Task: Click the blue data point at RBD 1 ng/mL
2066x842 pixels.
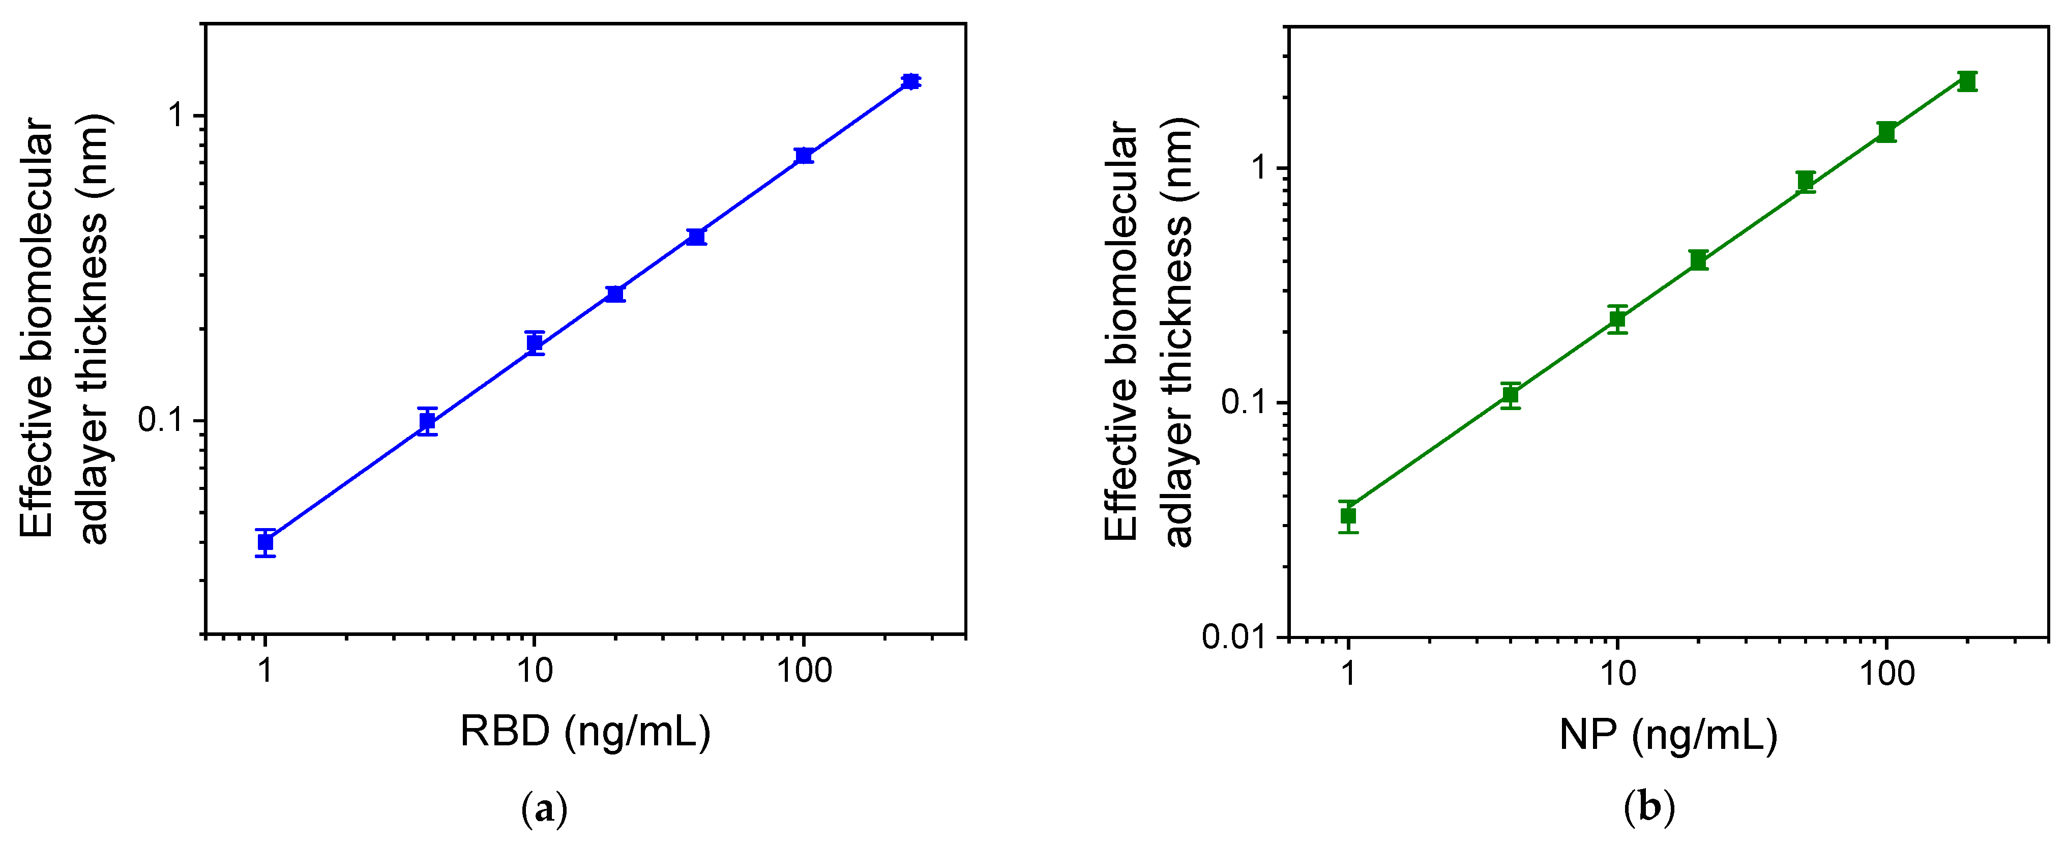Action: pos(265,542)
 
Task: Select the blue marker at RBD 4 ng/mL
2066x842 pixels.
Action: pos(427,421)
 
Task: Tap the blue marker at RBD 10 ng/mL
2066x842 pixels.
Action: pos(535,343)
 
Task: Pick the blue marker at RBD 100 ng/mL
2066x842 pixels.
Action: pos(804,156)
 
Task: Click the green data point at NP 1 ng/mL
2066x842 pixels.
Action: pos(1349,515)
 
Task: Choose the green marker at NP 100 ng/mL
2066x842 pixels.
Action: pos(1886,132)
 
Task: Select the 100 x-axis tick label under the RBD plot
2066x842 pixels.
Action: pos(804,671)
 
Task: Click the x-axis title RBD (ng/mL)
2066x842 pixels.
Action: pos(585,731)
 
